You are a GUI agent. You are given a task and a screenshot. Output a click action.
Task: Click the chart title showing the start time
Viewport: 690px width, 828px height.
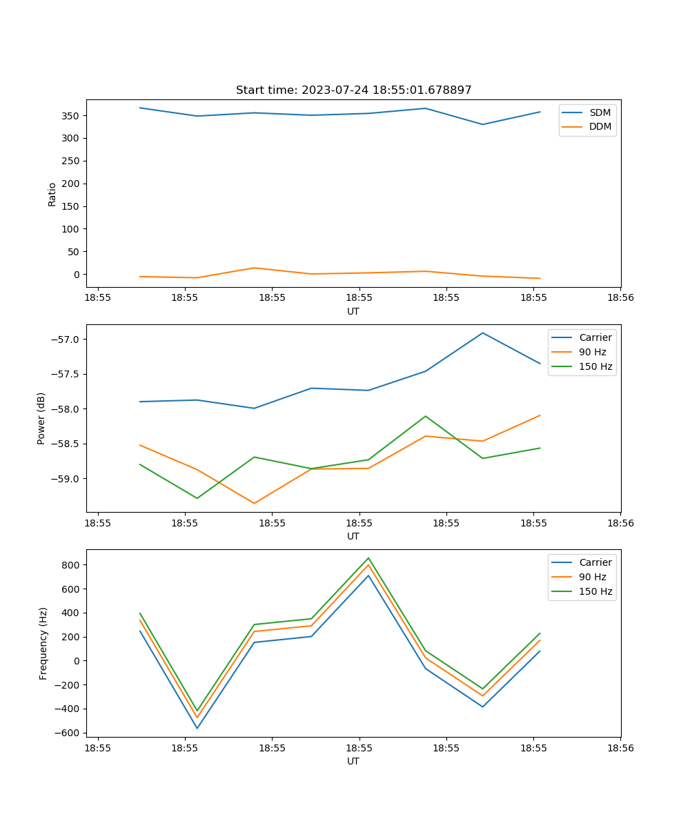pyautogui.click(x=353, y=90)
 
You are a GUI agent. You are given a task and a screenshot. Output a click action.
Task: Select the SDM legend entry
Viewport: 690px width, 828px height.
pyautogui.click(x=600, y=112)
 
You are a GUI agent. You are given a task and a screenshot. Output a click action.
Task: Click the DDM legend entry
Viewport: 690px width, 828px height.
pyautogui.click(x=600, y=126)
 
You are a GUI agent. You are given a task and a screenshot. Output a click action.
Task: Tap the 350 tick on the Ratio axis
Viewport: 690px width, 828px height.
pyautogui.click(x=72, y=116)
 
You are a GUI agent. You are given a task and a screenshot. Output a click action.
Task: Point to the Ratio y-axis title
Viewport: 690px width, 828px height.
pyautogui.click(x=52, y=194)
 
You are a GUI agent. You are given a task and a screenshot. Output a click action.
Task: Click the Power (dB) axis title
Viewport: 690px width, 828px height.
pyautogui.click(x=41, y=418)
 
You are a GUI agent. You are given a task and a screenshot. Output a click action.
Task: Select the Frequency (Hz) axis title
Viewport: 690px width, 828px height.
pyautogui.click(x=43, y=643)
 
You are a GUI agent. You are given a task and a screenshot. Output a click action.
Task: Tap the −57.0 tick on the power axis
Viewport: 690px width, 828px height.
pyautogui.click(x=66, y=339)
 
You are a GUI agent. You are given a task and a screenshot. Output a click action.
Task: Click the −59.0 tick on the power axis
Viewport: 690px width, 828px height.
pyautogui.click(x=66, y=479)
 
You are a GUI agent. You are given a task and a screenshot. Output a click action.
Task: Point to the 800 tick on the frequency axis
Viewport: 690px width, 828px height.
pyautogui.click(x=72, y=565)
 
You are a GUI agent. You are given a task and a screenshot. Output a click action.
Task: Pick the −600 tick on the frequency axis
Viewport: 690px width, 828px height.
pyautogui.click(x=69, y=733)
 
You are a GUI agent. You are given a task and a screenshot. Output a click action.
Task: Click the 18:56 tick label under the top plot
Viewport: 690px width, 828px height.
pyautogui.click(x=620, y=297)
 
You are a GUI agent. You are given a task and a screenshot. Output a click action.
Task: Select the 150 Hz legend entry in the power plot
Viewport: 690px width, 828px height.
pyautogui.click(x=595, y=366)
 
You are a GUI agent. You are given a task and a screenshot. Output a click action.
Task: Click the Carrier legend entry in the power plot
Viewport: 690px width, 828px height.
pyautogui.click(x=595, y=337)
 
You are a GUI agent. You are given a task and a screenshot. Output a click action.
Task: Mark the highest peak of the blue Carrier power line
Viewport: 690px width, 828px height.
pyautogui.click(x=482, y=333)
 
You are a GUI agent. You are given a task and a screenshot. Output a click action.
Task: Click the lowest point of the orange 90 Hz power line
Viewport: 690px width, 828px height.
pyautogui.click(x=254, y=503)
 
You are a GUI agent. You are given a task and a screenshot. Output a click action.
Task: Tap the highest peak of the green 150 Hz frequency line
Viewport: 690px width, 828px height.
pyautogui.click(x=368, y=558)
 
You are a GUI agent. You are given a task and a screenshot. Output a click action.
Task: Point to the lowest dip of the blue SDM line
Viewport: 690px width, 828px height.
pyautogui.click(x=482, y=124)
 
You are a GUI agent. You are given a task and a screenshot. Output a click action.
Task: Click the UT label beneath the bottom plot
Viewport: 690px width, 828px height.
pyautogui.click(x=353, y=761)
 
